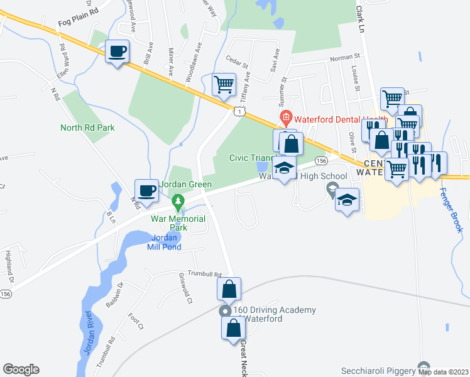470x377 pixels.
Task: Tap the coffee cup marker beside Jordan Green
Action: [147, 190]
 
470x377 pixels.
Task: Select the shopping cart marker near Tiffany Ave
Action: [224, 84]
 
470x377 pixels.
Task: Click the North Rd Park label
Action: [87, 128]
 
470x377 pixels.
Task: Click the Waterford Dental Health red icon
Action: [285, 116]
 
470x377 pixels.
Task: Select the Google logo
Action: [21, 369]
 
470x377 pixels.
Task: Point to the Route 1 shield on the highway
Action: [239, 111]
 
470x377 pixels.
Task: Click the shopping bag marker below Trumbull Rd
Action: [229, 289]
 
